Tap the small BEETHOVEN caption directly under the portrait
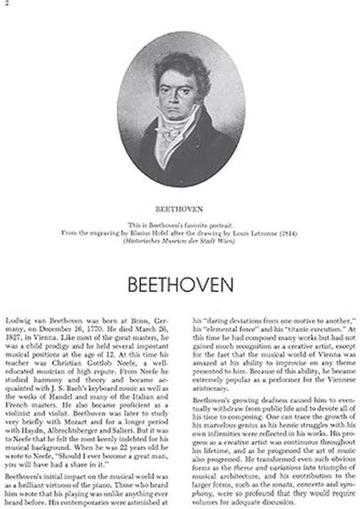pos(180,204)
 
